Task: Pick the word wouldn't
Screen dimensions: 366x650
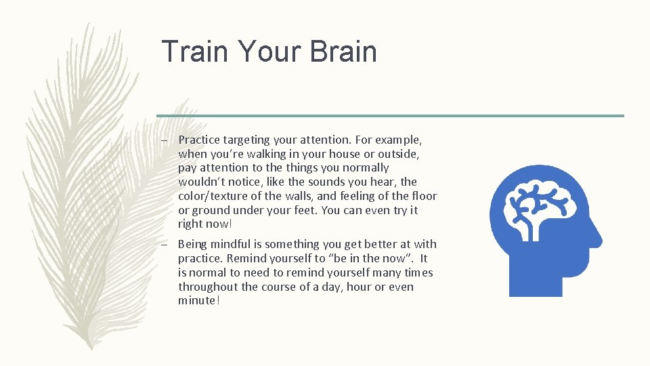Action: (202, 182)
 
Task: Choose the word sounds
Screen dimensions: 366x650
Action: (328, 182)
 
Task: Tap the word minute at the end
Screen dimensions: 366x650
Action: (197, 300)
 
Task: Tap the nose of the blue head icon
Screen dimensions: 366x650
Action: (597, 238)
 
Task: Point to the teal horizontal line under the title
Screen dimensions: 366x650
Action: (390, 115)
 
